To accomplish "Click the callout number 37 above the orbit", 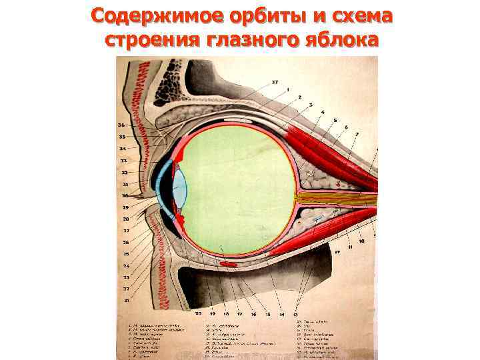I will coord(275,83).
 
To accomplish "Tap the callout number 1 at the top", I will coord(287,89).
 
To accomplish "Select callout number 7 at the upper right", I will coord(357,134).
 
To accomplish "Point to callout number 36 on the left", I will coord(121,125).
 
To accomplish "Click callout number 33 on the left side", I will coord(123,160).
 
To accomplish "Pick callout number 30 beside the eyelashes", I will coord(125,195).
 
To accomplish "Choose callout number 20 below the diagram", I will coord(198,312).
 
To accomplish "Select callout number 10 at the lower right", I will coord(361,243).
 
